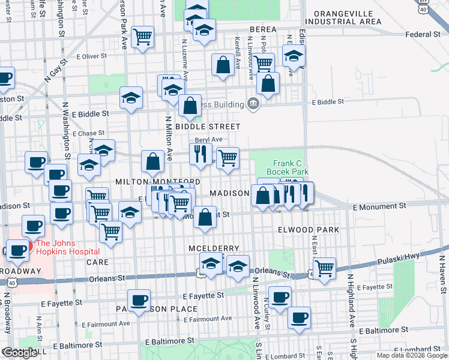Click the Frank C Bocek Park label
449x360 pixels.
tap(291, 167)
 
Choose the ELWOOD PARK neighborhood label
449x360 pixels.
tap(309, 230)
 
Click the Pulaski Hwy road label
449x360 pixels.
tap(400, 262)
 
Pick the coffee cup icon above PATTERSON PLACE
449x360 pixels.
tap(139, 299)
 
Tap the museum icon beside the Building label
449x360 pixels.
tap(253, 104)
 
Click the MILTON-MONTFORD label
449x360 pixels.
tap(158, 181)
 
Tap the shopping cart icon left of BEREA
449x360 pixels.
tap(143, 37)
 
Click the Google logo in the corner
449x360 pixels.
tap(20, 353)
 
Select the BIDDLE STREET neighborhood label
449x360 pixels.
tap(208, 127)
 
